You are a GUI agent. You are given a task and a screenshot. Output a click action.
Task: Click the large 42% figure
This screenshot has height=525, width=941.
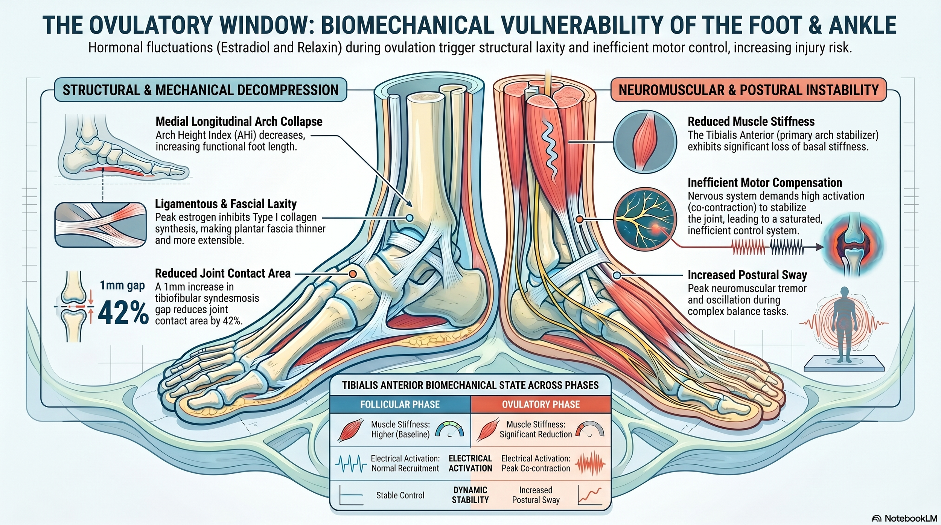pyautogui.click(x=123, y=313)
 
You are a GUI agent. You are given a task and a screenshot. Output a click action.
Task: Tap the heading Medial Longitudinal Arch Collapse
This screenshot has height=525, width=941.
pyautogui.click(x=239, y=122)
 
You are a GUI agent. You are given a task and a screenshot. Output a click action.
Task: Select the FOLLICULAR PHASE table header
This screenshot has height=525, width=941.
pyautogui.click(x=400, y=404)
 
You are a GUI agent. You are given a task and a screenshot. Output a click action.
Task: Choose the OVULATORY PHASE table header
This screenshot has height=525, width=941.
pyautogui.click(x=541, y=404)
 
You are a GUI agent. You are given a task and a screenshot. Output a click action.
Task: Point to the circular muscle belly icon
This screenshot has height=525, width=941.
pyautogui.click(x=645, y=142)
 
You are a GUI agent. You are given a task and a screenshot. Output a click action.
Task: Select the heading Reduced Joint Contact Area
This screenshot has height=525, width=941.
pyautogui.click(x=222, y=273)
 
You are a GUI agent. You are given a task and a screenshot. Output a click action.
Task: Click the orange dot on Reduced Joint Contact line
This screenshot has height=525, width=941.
pyautogui.click(x=353, y=274)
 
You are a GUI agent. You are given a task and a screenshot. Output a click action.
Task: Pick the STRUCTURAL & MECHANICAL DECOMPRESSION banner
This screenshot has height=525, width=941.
pyautogui.click(x=200, y=90)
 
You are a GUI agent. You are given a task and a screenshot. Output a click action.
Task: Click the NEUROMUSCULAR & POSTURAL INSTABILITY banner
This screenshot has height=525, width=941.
pyautogui.click(x=748, y=90)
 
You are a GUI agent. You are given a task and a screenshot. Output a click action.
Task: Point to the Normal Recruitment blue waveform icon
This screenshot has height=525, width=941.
pyautogui.click(x=351, y=463)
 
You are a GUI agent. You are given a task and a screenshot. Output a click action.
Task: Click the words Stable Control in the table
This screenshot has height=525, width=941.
pyautogui.click(x=400, y=495)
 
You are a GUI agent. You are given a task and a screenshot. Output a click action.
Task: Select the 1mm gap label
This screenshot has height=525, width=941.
pyautogui.click(x=122, y=286)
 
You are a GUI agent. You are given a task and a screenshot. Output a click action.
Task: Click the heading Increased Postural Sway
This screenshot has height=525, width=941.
pyautogui.click(x=747, y=275)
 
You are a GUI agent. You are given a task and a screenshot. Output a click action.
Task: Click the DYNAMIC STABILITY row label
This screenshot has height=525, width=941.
pyautogui.click(x=470, y=495)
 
